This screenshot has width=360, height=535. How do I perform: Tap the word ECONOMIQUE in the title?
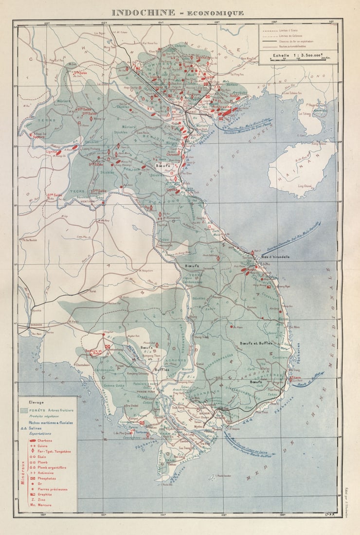[x=217, y=13]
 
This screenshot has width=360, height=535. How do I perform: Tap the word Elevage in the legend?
[x=36, y=403]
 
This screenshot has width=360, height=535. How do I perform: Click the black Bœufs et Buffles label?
[x=255, y=343]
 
